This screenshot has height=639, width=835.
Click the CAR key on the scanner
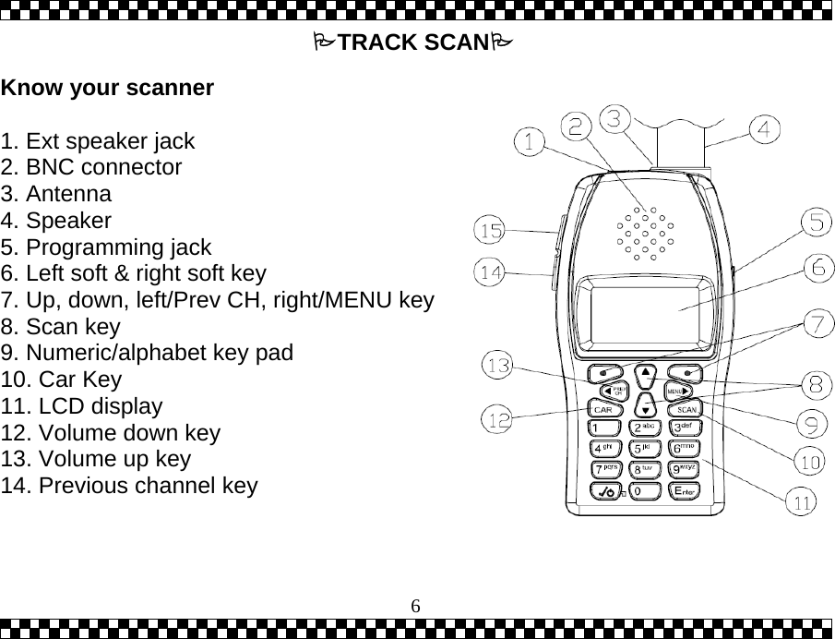(x=603, y=409)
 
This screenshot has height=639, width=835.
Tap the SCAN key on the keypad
(x=686, y=409)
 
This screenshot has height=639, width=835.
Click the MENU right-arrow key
(x=679, y=392)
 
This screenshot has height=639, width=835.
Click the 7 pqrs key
(x=604, y=470)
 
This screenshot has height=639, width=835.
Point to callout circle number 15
(x=490, y=229)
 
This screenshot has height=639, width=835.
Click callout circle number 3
(x=617, y=118)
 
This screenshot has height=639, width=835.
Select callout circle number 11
(x=802, y=503)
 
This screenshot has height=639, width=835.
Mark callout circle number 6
(x=817, y=269)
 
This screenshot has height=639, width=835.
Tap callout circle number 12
(x=497, y=420)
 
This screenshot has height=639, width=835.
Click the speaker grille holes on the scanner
(x=644, y=233)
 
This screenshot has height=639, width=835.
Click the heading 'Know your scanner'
(x=108, y=89)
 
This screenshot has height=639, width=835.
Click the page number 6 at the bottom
(x=416, y=606)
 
